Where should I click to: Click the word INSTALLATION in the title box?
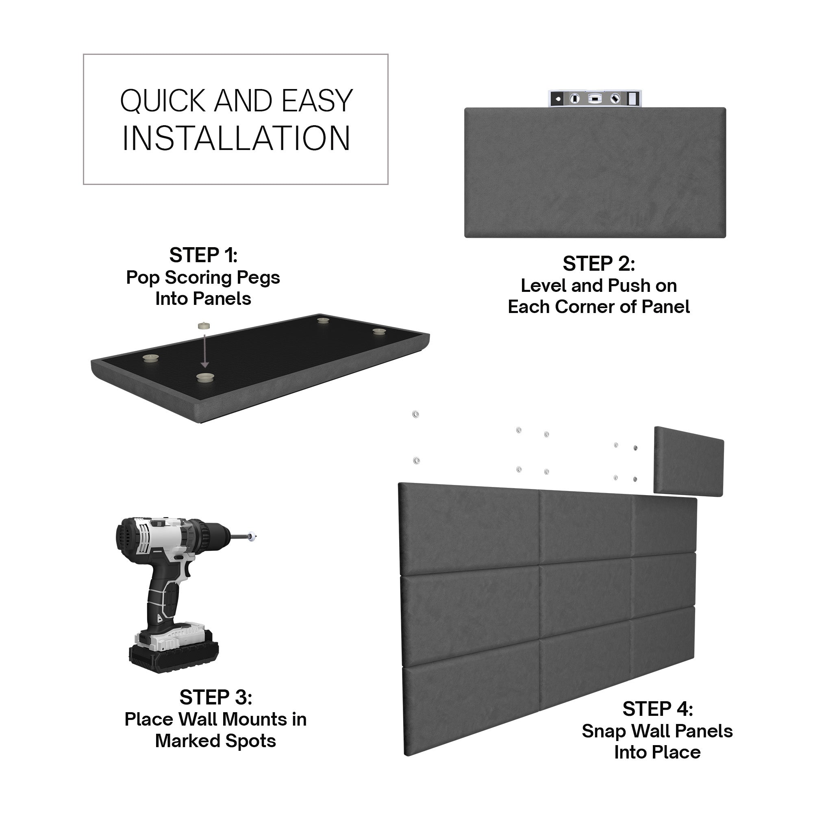236,139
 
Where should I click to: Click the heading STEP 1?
203,255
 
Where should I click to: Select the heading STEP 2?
598,264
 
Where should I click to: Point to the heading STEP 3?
215,698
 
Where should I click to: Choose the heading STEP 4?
657,709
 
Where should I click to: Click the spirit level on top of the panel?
595,99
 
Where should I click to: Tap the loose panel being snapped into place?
689,462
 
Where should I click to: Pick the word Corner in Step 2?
585,307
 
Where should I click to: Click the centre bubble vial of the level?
594,99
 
